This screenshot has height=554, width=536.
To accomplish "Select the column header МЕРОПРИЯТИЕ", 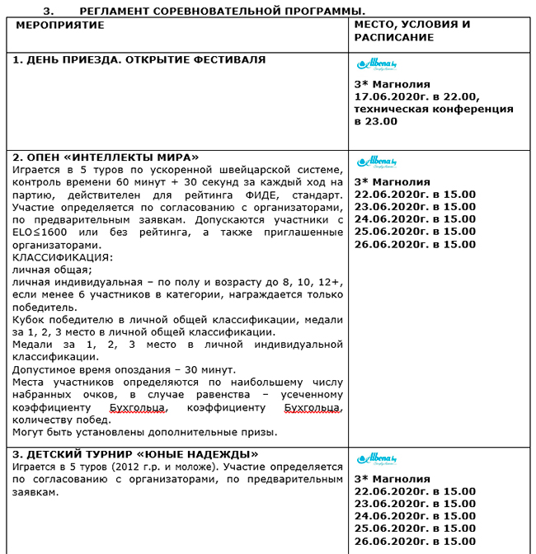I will [x=60, y=26].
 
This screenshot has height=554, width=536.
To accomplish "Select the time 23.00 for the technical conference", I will [x=383, y=121].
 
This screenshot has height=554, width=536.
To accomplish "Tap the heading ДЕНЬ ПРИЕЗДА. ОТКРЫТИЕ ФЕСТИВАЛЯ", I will [x=139, y=60].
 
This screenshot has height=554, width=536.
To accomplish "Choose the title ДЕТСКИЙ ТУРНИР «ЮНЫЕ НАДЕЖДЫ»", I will [x=136, y=454].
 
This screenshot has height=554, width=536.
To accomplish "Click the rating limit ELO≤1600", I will [x=41, y=232].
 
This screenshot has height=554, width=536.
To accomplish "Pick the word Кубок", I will [x=29, y=320].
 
